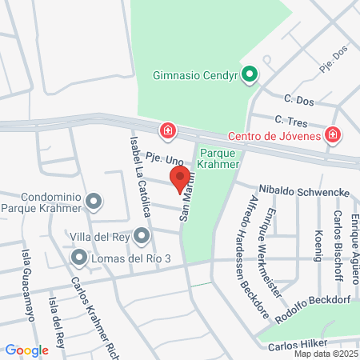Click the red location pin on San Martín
[179, 177]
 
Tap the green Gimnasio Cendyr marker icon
[250, 77]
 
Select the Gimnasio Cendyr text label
[196, 77]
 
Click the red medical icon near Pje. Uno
[167, 130]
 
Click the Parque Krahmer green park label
[219, 158]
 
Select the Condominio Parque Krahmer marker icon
[94, 202]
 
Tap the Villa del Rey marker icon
[142, 235]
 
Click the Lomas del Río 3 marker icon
[79, 258]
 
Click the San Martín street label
[189, 199]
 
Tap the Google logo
[26, 350]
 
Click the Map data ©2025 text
[326, 354]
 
